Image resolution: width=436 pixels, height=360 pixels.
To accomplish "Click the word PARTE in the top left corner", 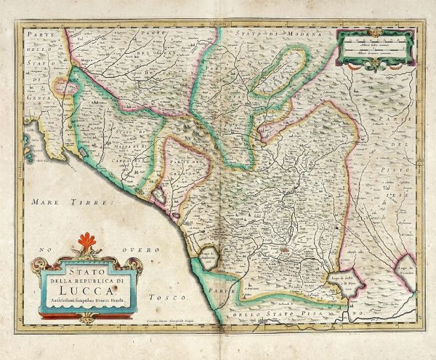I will (x=35, y=35).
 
